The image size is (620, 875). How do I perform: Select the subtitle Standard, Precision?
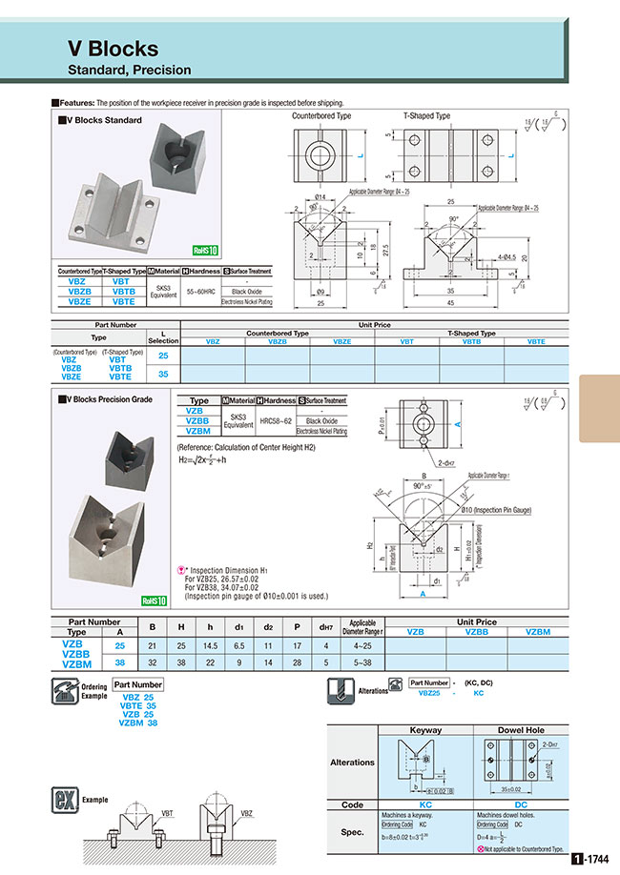[129, 70]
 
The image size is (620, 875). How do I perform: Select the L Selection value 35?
[161, 375]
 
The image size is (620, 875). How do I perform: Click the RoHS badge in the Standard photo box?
[205, 251]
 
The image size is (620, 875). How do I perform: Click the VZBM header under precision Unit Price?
[538, 632]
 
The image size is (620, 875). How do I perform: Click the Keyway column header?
[424, 730]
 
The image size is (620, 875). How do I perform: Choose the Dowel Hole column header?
[520, 730]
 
